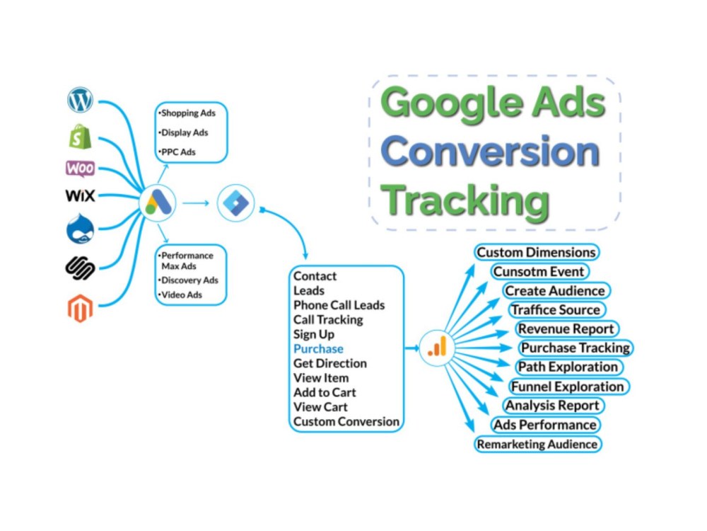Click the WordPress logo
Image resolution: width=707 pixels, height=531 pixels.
81,100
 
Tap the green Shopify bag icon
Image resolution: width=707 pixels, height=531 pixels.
81,137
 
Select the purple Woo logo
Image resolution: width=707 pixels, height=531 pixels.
81,169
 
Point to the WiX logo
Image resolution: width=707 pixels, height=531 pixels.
81,196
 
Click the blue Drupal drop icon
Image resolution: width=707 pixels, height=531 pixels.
81,229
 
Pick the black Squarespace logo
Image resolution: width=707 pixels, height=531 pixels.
81,268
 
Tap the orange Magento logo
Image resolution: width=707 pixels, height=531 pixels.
81,309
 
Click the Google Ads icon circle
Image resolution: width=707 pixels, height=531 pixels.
158,203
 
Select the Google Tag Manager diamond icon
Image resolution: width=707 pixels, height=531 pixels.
235,203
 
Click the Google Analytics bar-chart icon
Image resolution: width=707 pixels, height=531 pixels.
437,348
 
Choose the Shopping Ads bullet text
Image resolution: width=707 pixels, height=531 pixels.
187,113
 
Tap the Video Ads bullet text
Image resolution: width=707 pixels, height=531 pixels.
180,295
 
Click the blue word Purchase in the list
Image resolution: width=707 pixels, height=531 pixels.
318,349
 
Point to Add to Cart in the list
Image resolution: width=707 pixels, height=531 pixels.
325,392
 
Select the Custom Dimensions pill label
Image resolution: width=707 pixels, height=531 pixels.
536,252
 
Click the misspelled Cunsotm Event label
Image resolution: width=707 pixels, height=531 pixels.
539,271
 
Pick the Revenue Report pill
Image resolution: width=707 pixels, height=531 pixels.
566,329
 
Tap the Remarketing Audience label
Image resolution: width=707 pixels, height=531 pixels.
537,445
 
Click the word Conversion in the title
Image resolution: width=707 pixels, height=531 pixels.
491,152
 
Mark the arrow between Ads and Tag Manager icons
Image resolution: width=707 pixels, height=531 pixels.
196,203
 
